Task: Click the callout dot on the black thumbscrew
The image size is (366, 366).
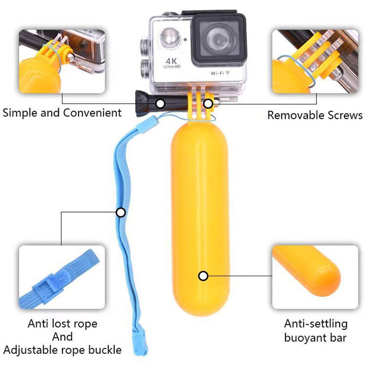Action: pyautogui.click(x=160, y=104)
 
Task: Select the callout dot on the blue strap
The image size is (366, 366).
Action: pyautogui.click(x=120, y=212)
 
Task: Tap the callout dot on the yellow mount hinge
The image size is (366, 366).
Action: pyautogui.click(x=208, y=104)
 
